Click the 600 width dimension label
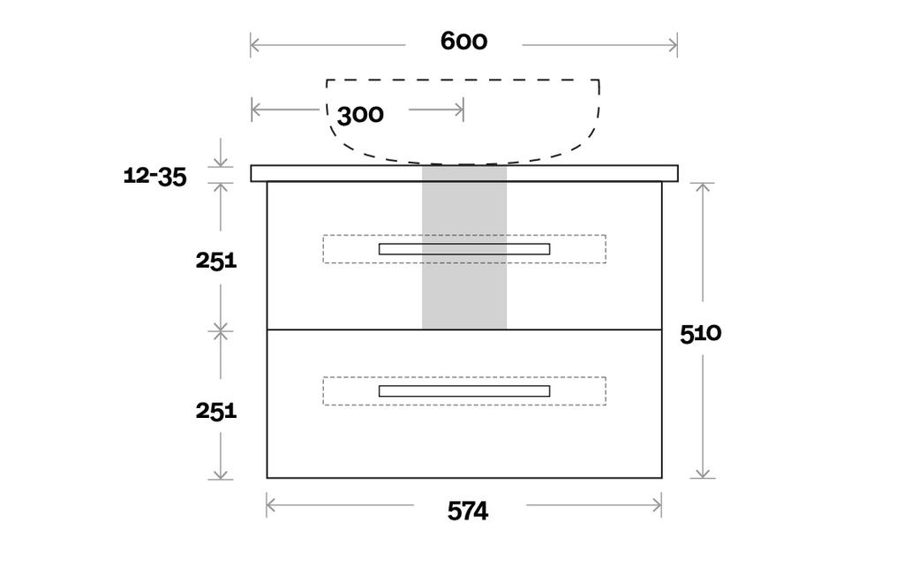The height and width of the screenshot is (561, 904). (463, 41)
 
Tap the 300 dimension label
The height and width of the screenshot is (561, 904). (360, 115)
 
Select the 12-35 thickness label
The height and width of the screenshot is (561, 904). (155, 176)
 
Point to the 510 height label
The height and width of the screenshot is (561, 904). (700, 334)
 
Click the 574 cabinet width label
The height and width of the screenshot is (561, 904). (468, 512)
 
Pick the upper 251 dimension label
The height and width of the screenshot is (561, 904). (216, 261)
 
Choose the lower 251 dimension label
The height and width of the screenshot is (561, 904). (216, 411)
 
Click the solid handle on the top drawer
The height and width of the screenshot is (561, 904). (464, 249)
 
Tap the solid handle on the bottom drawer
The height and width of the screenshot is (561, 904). (464, 390)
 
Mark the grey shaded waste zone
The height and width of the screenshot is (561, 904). (464, 247)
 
